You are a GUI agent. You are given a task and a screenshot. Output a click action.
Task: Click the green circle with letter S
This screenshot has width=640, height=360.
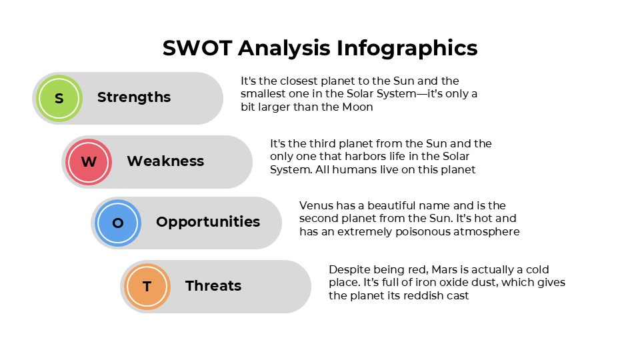[59, 98]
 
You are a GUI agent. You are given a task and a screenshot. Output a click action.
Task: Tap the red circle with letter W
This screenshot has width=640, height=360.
[88, 161]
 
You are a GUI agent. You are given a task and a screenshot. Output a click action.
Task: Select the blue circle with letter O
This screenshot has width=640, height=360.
[117, 223]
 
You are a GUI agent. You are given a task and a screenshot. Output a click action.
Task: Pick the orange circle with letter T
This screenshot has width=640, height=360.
[147, 286]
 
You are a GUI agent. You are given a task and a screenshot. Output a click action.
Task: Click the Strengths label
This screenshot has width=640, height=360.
[134, 97]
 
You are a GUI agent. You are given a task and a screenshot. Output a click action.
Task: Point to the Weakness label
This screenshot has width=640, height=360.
[165, 161]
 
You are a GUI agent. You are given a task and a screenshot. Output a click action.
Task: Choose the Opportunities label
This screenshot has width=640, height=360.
[208, 222]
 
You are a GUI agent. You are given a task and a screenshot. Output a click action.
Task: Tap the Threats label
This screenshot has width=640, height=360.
[213, 286]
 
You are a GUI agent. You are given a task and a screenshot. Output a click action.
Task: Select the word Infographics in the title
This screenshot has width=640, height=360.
[407, 48]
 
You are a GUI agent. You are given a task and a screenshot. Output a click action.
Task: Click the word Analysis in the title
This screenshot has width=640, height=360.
[284, 48]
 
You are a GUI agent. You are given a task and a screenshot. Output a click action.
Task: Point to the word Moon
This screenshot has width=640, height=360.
[359, 107]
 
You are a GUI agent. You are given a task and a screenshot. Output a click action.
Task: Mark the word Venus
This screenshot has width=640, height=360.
[315, 206]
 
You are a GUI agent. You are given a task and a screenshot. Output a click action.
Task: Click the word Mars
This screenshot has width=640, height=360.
[445, 269]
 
